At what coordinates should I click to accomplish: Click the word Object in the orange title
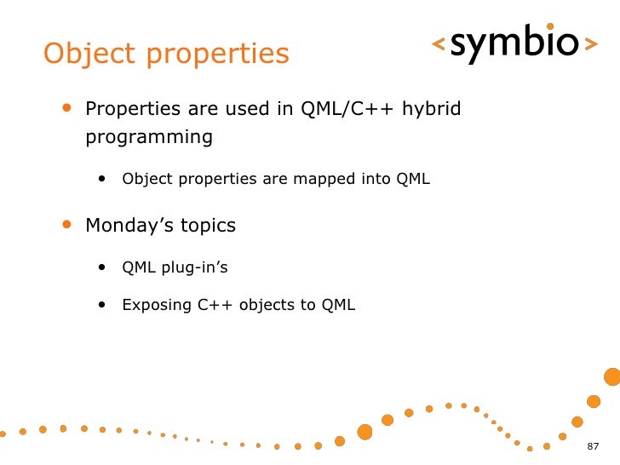pyautogui.click(x=89, y=55)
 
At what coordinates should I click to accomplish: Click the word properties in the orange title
pyautogui.click(x=218, y=55)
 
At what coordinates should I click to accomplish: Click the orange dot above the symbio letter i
pyautogui.click(x=550, y=26)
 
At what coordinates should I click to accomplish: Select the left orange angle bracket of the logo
pyautogui.click(x=439, y=43)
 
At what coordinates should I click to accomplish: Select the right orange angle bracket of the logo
pyautogui.click(x=591, y=43)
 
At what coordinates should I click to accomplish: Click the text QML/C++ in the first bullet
pyautogui.click(x=347, y=108)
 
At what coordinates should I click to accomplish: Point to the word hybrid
pyautogui.click(x=432, y=108)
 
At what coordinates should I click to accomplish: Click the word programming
pyautogui.click(x=149, y=138)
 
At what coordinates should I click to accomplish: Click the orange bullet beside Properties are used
pyautogui.click(x=66, y=107)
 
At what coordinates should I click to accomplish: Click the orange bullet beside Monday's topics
pyautogui.click(x=66, y=224)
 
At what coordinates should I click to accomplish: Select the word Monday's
pyautogui.click(x=129, y=226)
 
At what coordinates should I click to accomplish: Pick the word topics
pyautogui.click(x=208, y=226)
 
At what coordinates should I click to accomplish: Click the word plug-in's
pyautogui.click(x=194, y=267)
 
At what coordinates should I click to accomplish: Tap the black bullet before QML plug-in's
pyautogui.click(x=102, y=267)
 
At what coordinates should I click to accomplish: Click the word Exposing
pyautogui.click(x=157, y=305)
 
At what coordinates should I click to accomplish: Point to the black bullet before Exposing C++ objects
pyautogui.click(x=102, y=305)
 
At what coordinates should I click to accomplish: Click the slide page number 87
pyautogui.click(x=593, y=446)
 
